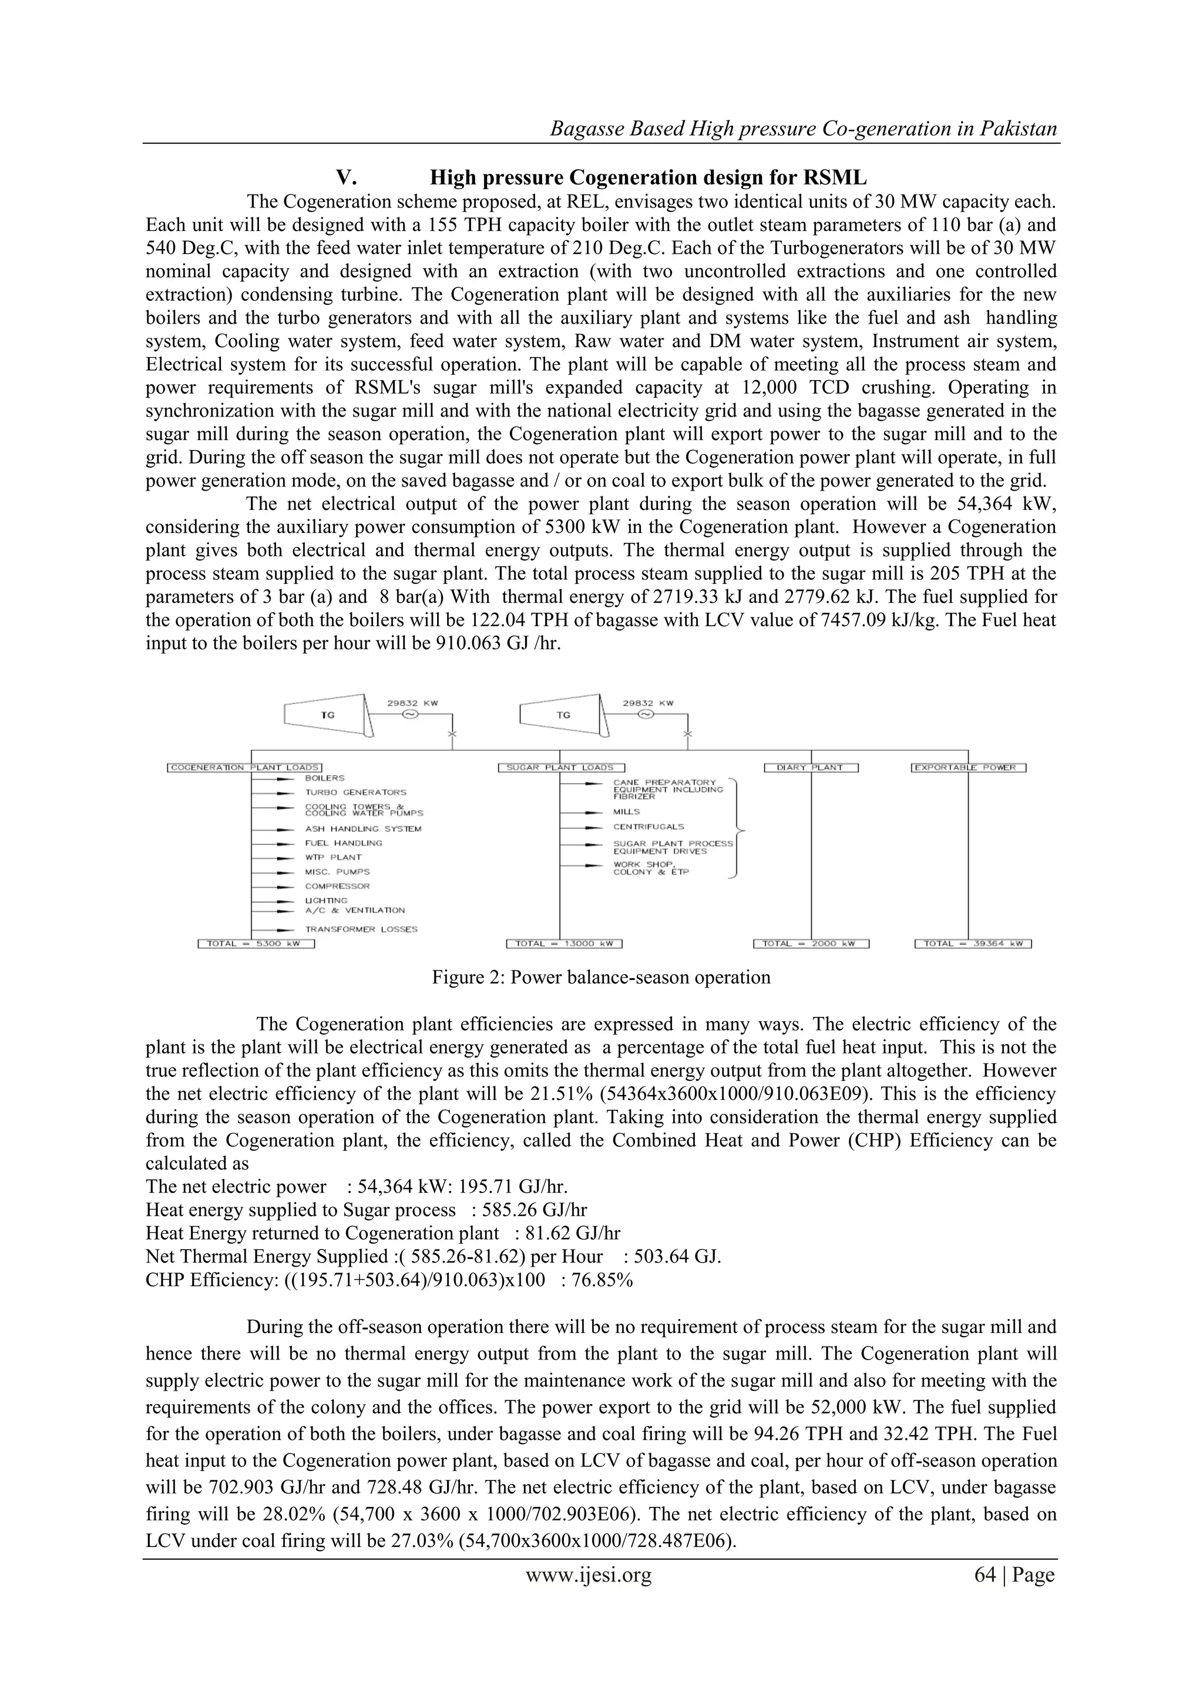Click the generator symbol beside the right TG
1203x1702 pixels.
click(646, 714)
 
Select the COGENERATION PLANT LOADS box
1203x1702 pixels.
click(244, 767)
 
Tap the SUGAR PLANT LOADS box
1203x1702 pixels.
click(562, 767)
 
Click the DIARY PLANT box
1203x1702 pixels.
click(810, 767)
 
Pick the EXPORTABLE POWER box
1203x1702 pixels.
click(968, 767)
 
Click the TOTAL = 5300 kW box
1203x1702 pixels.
click(257, 944)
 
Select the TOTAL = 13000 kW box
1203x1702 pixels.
click(563, 944)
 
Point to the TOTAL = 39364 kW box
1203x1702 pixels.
click(973, 944)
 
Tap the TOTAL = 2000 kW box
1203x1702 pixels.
click(811, 944)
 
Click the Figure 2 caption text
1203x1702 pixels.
click(601, 977)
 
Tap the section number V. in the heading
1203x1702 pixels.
click(347, 178)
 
